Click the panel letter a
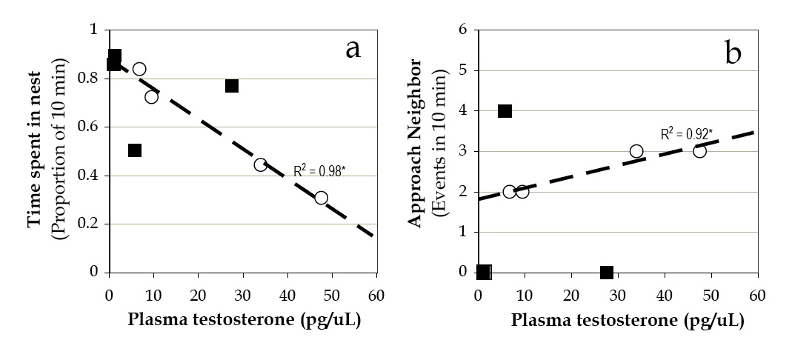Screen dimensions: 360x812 pos(353,49)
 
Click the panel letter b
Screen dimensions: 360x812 pos(733,54)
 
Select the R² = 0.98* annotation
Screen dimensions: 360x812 pos(319,170)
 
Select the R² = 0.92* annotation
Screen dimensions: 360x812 pos(686,135)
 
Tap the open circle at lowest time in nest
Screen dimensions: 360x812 pos(321,198)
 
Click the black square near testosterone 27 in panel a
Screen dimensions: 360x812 pos(232,86)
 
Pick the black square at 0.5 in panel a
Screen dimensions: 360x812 pos(134,150)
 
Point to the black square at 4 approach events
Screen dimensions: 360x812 pos(505,111)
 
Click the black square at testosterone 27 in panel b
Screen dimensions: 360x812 pos(607,273)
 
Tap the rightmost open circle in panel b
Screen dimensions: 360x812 pos(699,151)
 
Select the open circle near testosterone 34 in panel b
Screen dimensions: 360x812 pos(636,151)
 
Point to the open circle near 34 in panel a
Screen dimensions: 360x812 pos(260,164)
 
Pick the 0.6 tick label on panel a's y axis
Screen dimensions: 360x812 pos(91,127)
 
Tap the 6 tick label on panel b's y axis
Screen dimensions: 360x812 pos(463,30)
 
